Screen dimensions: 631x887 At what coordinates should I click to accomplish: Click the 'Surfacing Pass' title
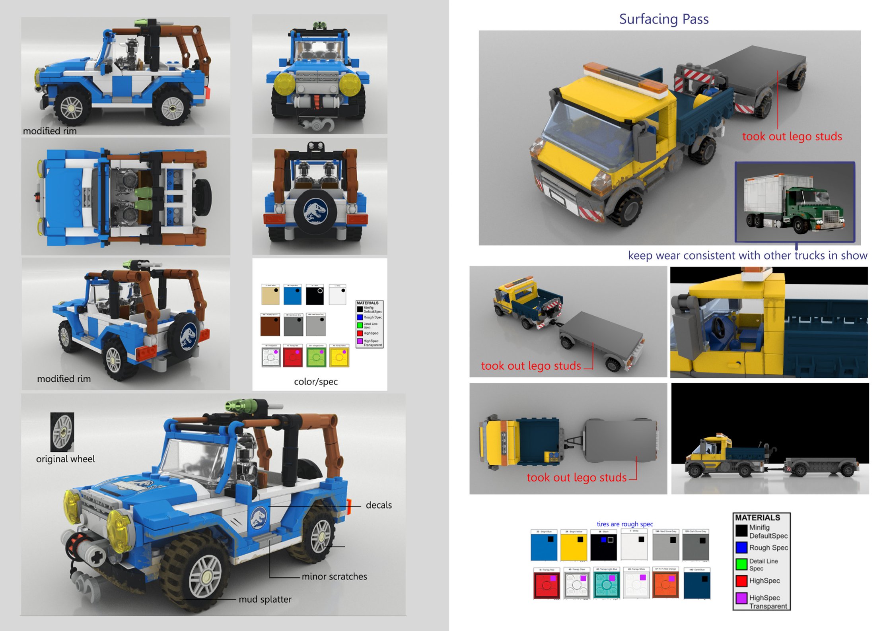663,19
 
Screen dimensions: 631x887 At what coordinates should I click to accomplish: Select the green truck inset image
794,202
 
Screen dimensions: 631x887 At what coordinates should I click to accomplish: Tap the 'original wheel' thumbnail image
62,431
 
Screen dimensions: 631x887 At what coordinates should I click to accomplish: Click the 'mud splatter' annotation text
265,599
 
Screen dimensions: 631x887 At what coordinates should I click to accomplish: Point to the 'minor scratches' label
334,577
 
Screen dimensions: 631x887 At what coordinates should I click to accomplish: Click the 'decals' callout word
379,505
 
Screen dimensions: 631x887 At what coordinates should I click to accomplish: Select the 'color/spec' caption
315,382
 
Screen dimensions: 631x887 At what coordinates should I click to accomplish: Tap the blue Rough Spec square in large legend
741,548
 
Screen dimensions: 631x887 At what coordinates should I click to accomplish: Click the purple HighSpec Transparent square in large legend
741,598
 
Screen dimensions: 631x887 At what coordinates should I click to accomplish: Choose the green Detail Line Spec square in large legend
741,564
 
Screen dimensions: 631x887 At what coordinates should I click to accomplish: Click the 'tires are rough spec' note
624,524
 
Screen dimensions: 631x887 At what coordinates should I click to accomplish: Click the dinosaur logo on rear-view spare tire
315,212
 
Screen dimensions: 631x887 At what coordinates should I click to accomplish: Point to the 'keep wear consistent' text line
747,255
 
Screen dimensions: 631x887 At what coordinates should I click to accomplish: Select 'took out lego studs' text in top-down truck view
576,478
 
